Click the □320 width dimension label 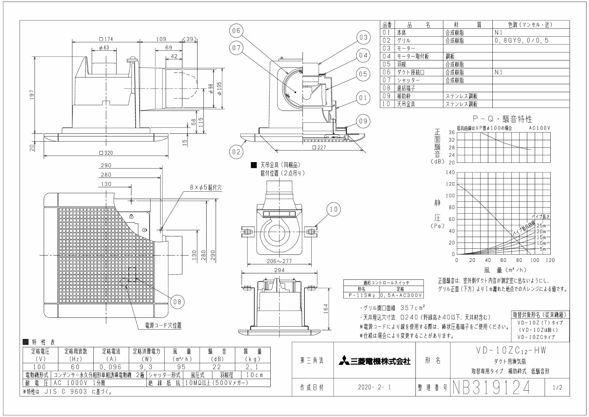click(106, 153)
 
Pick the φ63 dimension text click(104, 48)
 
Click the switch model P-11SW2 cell click(361, 295)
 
